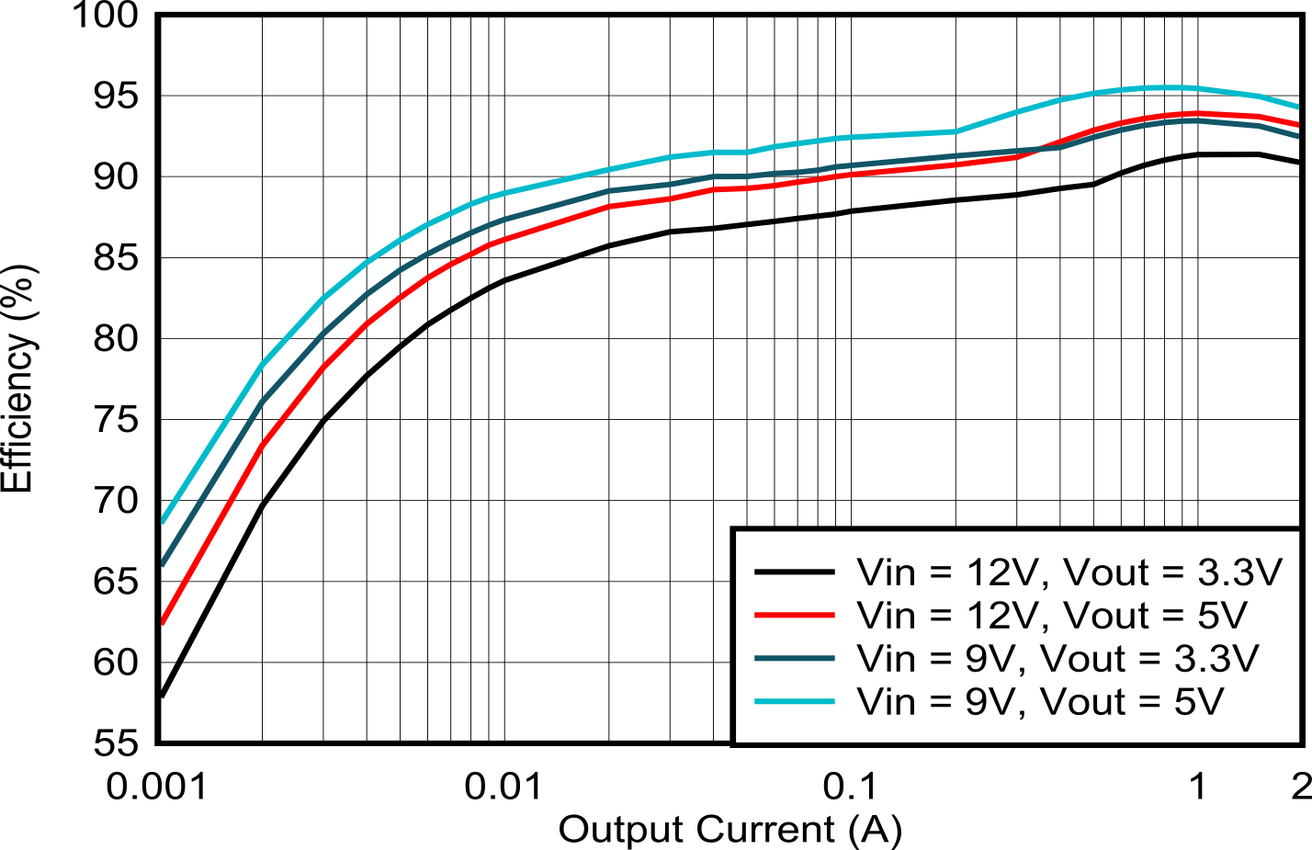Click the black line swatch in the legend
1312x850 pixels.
tap(794, 572)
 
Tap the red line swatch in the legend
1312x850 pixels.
tap(794, 615)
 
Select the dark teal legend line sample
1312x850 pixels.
tap(794, 658)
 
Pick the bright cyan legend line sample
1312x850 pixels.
tap(794, 701)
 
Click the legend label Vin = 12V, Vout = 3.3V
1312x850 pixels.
tap(1069, 572)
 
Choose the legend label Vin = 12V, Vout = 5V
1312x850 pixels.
tap(1052, 615)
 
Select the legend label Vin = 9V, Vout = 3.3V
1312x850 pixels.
tap(1057, 658)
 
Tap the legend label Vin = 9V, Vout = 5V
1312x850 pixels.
tap(1040, 701)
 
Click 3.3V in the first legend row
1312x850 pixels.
tap(1239, 572)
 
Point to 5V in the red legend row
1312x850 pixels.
tap(1223, 615)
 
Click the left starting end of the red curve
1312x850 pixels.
tap(164, 621)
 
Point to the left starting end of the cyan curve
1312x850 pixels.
tap(164, 520)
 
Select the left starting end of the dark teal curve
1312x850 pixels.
tap(164, 562)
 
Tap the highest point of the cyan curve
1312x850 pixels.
tap(1167, 87)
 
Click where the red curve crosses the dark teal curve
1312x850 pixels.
tap(1043, 148)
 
